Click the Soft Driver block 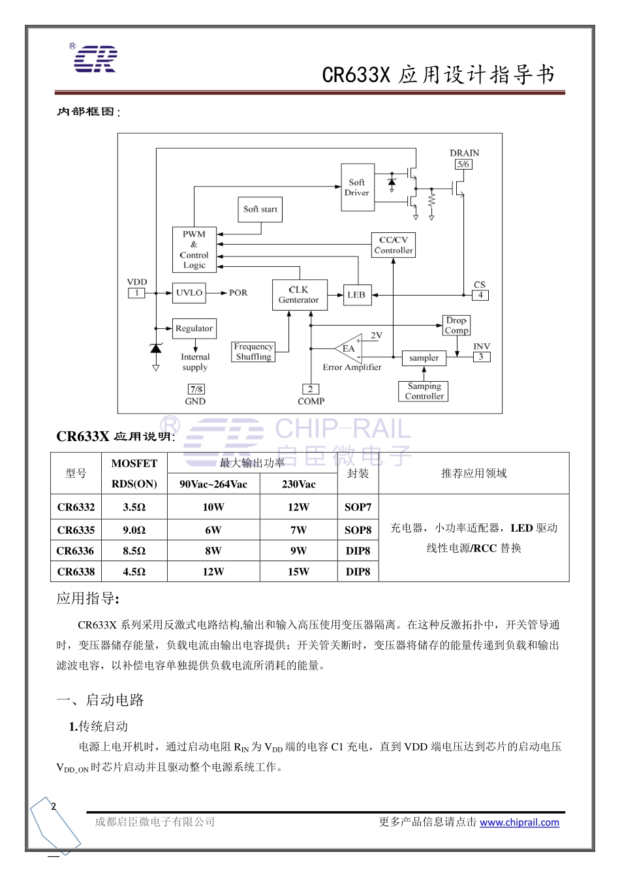pos(358,187)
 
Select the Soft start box pos(260,209)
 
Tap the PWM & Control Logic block pos(194,250)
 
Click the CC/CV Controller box pos(394,245)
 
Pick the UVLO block pos(189,293)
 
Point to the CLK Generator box pos(299,295)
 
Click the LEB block pos(356,295)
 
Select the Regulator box pos(194,328)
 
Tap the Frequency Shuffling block pos(254,352)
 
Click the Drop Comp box pos(456,325)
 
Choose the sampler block pos(424,358)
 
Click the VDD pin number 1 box pos(136,293)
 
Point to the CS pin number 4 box pos(480,295)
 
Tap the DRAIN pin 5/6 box pos(463,164)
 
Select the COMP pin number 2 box pos(311,389)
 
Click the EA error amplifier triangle pos(350,348)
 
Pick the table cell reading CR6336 pos(76,551)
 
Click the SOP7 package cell pos(358,507)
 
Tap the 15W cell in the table pos(298,572)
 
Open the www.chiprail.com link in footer pos(519,822)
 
